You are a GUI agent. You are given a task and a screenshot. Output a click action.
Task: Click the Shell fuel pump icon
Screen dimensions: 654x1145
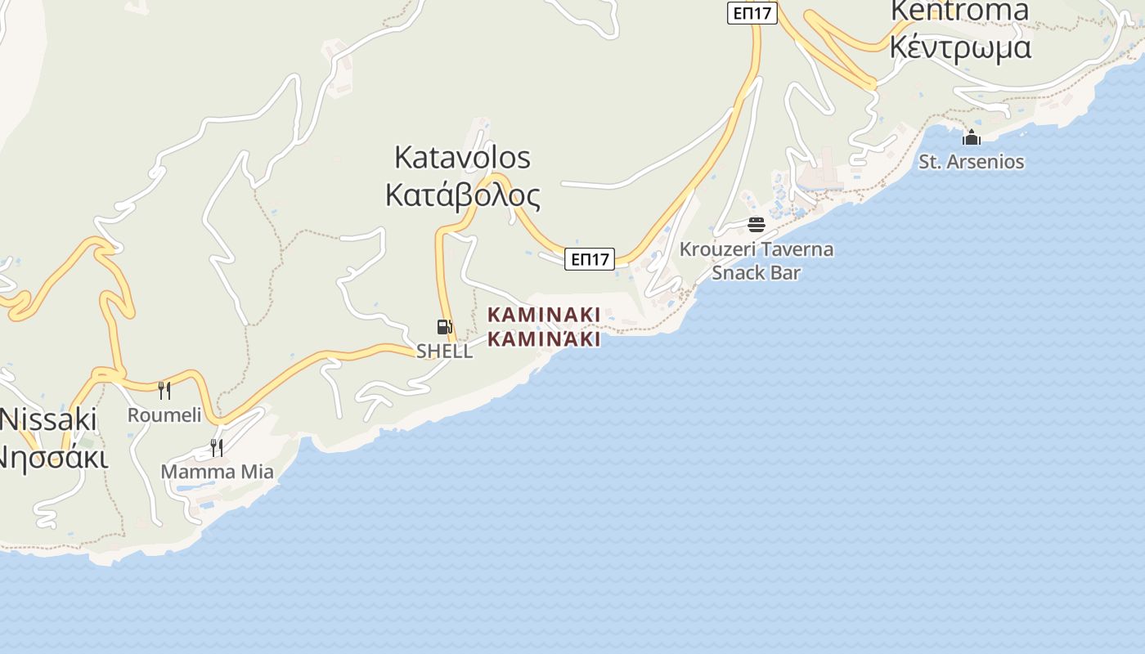444,327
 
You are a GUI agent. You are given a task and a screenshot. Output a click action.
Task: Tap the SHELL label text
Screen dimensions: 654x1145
444,351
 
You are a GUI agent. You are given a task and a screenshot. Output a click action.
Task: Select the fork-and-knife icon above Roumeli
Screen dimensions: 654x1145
164,390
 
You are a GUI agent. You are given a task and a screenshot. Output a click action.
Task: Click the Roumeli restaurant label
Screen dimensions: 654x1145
164,414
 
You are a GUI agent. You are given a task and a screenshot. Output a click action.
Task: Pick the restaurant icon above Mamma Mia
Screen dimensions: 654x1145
217,447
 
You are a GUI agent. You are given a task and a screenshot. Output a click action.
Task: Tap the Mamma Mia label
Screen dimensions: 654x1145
217,472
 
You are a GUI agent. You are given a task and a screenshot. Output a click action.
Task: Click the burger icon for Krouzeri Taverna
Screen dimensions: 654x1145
757,224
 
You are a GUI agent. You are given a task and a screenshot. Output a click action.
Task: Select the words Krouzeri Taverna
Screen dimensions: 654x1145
757,249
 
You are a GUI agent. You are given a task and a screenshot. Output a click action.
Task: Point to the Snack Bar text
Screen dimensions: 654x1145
756,272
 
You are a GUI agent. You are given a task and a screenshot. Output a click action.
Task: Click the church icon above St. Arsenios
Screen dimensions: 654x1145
972,137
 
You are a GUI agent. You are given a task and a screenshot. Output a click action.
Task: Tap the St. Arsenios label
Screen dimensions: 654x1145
972,162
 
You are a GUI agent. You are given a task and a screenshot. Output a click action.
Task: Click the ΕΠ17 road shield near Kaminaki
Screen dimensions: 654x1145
590,259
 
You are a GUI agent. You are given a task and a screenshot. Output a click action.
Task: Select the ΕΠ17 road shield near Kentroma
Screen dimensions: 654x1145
752,13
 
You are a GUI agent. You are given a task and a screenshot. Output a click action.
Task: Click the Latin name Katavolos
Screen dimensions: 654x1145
462,157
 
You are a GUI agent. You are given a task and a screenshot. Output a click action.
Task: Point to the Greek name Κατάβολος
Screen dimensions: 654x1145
462,196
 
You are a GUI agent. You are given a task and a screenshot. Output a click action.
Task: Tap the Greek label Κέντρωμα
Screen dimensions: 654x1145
959,47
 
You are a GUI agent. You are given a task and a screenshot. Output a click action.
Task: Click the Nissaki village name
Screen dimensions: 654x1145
49,419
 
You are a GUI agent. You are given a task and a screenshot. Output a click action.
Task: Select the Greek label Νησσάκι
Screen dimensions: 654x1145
52,457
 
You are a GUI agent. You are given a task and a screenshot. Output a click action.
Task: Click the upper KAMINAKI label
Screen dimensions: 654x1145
544,315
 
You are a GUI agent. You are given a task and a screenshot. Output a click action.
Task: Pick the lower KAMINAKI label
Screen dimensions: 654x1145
544,338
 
